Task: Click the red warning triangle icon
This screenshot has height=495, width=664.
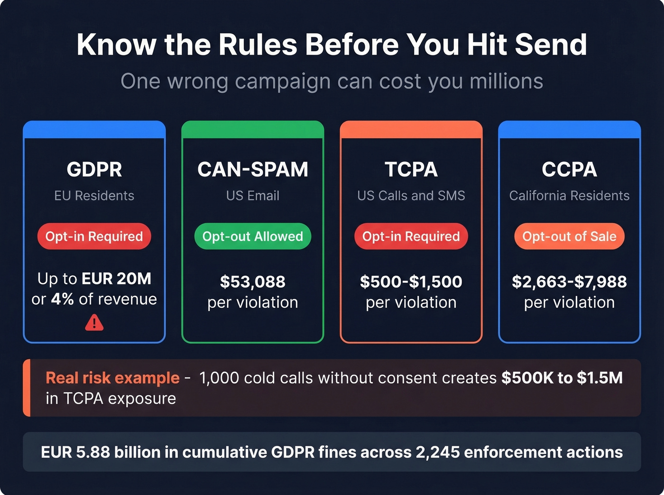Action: click(94, 323)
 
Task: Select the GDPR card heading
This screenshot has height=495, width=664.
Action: click(94, 170)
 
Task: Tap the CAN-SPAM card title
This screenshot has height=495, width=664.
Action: click(253, 170)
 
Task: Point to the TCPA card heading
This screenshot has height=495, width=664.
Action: click(411, 170)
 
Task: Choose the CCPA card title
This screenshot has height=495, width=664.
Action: click(569, 170)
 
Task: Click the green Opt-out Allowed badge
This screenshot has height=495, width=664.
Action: click(253, 236)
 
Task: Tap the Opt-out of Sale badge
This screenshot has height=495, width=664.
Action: click(569, 236)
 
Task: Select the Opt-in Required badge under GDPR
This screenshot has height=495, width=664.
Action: click(94, 236)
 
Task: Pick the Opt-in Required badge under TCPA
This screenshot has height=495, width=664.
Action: click(411, 236)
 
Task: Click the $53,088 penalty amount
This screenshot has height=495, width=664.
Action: click(253, 282)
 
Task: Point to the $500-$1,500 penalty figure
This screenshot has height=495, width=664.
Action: click(411, 282)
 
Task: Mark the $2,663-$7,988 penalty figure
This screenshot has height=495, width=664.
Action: click(569, 282)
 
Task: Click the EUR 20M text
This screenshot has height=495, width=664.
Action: click(117, 279)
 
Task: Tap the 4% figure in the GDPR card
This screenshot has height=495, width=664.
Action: click(63, 299)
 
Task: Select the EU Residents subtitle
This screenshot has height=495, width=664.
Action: click(94, 196)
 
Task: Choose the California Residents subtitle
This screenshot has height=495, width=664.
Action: click(569, 196)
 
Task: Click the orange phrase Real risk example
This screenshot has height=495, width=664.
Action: click(112, 378)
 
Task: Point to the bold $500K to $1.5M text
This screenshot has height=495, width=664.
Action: click(562, 378)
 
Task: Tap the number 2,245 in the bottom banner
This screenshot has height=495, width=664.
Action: click(438, 452)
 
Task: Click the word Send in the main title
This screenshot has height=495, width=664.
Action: click(551, 45)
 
